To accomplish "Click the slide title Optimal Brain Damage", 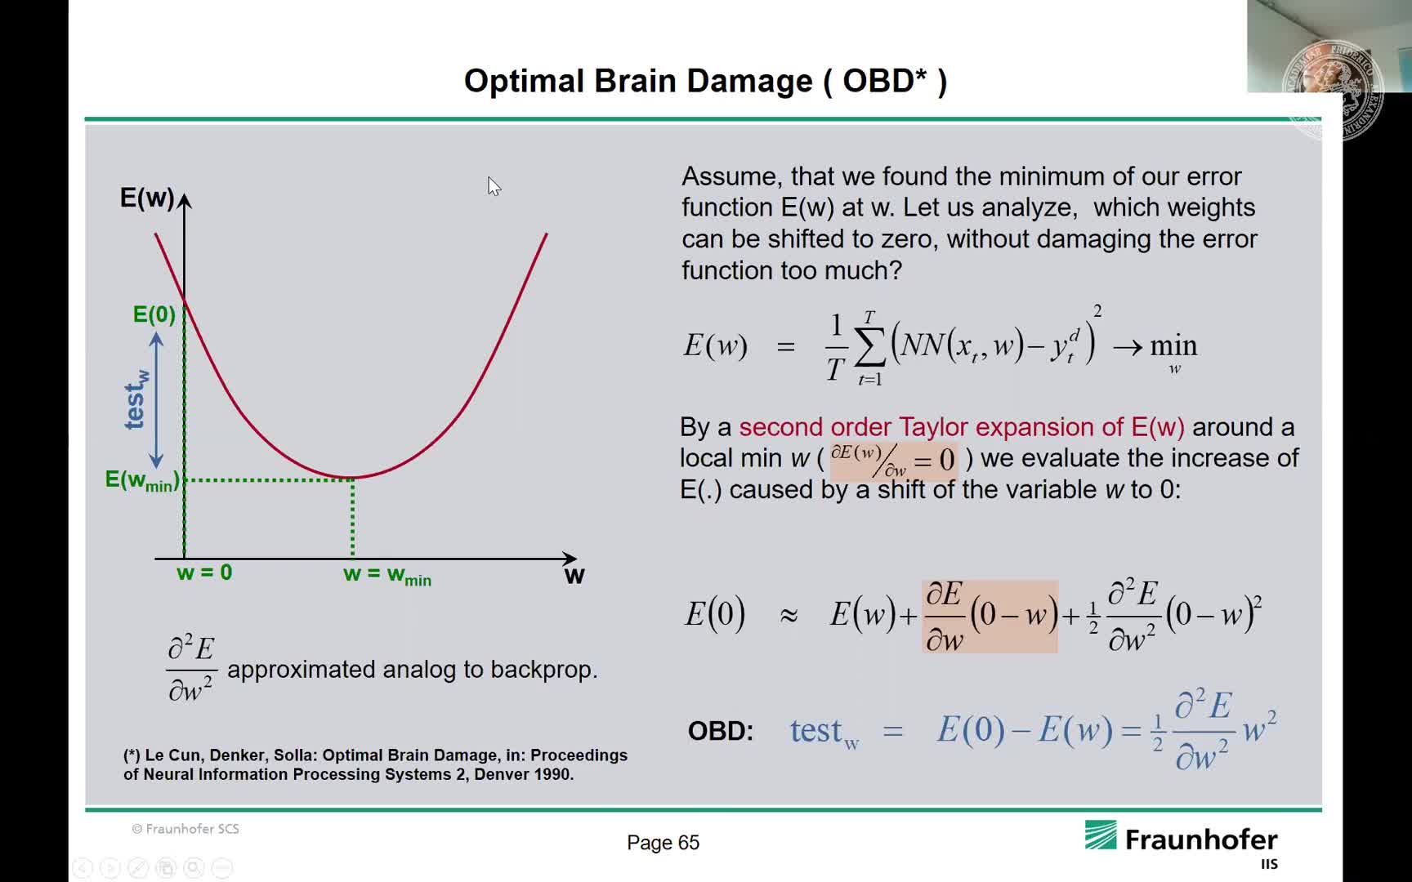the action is pos(638,81).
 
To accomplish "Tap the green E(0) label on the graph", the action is pos(154,314).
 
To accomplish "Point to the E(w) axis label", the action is pos(147,198).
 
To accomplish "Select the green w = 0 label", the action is pos(204,572).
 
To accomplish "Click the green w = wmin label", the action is pos(387,575).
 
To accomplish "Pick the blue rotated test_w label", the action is pos(136,399).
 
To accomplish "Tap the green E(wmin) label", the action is pos(142,480).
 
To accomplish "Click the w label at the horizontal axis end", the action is pos(574,576).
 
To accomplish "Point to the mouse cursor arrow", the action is pos(494,186).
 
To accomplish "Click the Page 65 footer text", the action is pos(663,843).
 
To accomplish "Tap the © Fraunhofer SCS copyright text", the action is pos(185,829).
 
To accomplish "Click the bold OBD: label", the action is pos(721,731).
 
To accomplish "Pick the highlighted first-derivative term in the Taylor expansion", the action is pos(990,617).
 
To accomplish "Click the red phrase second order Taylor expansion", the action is pos(962,427).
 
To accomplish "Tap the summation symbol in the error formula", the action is pos(869,349).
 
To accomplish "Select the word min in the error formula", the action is pos(1173,346).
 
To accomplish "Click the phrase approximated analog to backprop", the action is pos(413,670).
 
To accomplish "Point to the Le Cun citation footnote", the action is pos(375,764).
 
